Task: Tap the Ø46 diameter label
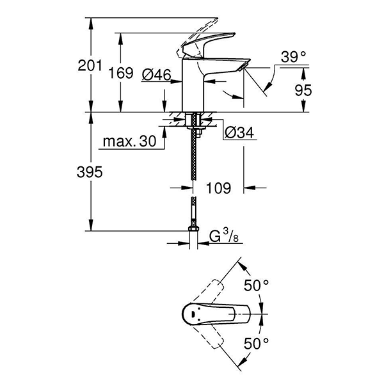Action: tap(156, 75)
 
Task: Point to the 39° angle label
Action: tap(294, 58)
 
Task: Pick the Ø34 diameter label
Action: tap(239, 132)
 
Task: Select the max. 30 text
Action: tap(131, 142)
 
